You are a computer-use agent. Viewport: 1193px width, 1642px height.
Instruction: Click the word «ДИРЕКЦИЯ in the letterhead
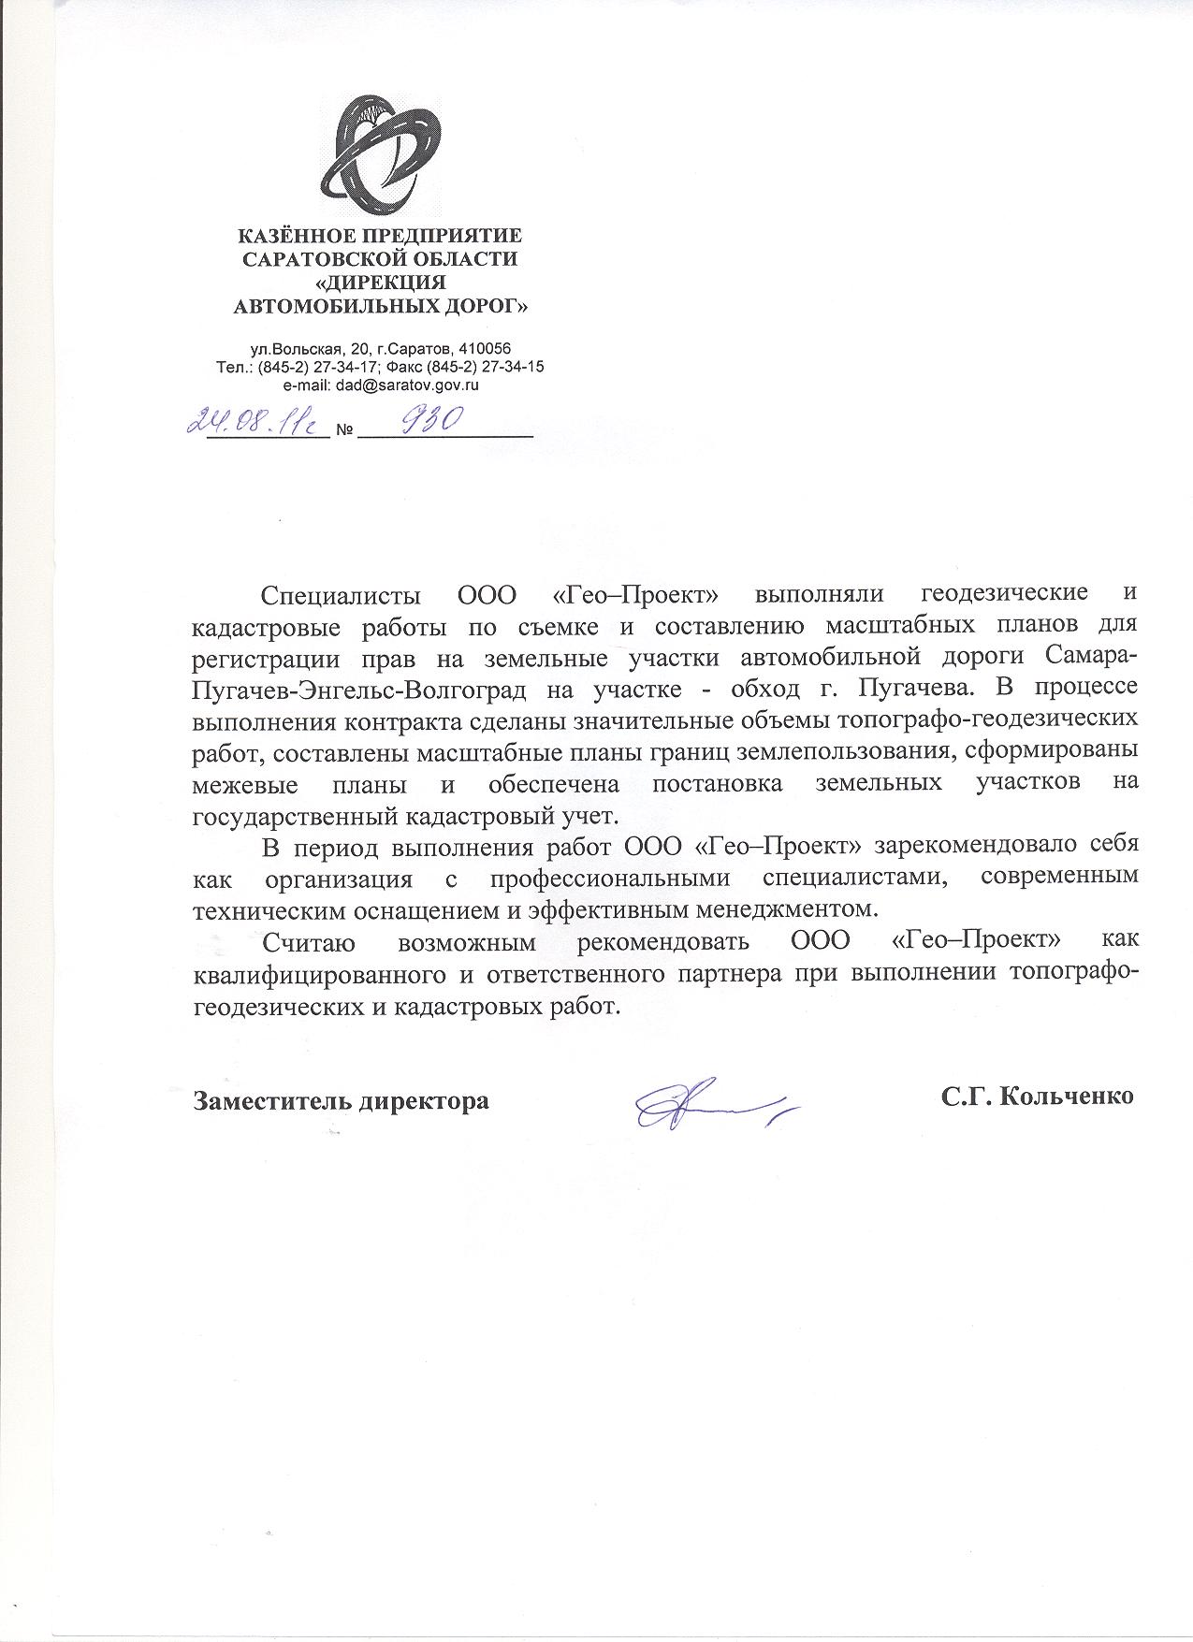[x=379, y=282]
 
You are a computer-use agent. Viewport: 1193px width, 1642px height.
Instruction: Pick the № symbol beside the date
[x=343, y=432]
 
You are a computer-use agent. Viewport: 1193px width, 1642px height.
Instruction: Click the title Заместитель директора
[x=341, y=1100]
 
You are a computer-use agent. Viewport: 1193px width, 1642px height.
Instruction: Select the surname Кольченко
[x=1067, y=1097]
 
